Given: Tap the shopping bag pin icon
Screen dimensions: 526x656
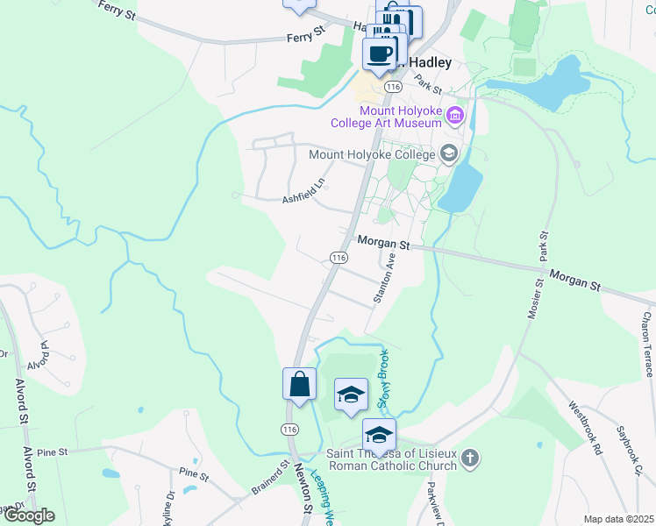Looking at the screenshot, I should tap(299, 385).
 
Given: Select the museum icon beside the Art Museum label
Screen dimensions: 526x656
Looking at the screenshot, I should tap(454, 115).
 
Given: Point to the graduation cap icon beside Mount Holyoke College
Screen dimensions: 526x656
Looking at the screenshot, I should tap(449, 154).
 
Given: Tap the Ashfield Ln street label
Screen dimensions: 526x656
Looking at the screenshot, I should tap(303, 191).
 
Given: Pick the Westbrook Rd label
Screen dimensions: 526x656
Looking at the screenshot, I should tap(584, 427).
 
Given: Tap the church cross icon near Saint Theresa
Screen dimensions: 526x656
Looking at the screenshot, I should tap(471, 458).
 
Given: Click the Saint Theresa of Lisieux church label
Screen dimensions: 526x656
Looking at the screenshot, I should tap(391, 459).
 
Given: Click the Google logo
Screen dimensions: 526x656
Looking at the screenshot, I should tap(28, 515).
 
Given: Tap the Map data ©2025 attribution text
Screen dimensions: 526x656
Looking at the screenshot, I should tap(617, 519).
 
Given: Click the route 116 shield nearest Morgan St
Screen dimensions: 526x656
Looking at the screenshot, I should tap(339, 257).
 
